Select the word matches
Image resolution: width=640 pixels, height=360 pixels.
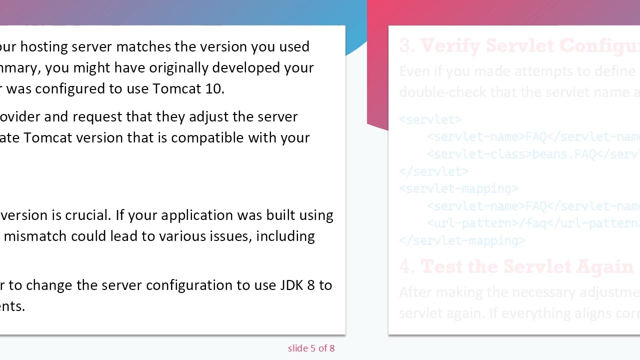click(x=143, y=47)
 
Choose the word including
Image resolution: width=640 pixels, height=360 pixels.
click(x=285, y=236)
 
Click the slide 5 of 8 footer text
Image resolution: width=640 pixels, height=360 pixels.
click(x=311, y=348)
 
